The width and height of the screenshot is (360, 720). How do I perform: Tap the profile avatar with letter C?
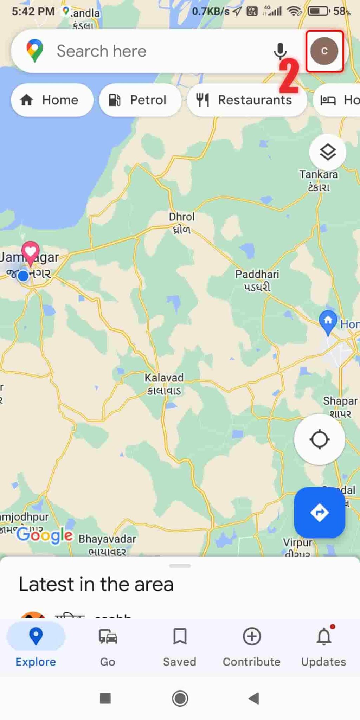point(324,51)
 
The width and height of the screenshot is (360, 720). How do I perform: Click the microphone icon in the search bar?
point(280,51)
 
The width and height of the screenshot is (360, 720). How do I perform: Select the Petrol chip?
point(140,100)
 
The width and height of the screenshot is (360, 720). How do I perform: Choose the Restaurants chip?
point(246,100)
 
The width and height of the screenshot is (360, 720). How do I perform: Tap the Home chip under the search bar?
point(52,100)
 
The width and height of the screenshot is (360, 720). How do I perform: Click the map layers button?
point(328,152)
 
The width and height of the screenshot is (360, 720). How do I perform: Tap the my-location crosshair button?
point(319,439)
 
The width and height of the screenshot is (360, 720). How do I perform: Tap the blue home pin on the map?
point(328,321)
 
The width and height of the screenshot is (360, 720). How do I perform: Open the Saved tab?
point(180,647)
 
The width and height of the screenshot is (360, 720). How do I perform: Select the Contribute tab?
point(252,647)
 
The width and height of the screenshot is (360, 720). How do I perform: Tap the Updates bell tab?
point(323,647)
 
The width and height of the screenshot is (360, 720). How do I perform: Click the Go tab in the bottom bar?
point(108,647)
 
